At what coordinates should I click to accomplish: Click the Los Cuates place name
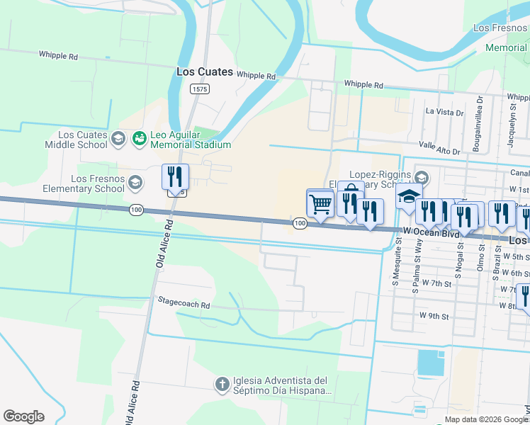[205, 72]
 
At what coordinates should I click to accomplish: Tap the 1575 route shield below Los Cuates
[199, 89]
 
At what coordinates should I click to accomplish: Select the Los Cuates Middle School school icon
[118, 139]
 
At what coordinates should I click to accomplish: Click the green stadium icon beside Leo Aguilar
[139, 139]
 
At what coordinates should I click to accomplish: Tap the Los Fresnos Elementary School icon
[134, 183]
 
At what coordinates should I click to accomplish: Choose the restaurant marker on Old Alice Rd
[174, 178]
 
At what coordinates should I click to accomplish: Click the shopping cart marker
[320, 204]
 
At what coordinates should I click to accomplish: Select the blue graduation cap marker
[409, 197]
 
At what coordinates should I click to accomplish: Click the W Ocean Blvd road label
[432, 231]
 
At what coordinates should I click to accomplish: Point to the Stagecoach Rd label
[184, 305]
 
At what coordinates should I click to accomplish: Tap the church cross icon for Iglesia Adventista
[222, 385]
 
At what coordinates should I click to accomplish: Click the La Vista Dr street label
[444, 112]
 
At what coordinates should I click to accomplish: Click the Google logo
[23, 416]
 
